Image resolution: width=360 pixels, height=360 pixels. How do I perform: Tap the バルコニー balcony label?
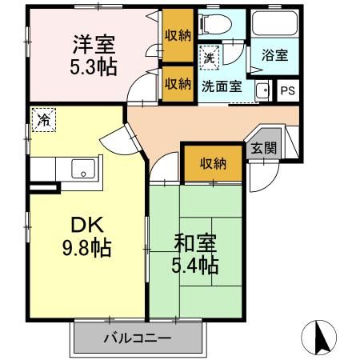point(136,338)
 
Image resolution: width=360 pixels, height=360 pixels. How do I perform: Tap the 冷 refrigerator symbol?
point(42,120)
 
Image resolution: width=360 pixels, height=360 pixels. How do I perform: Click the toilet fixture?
point(213,24)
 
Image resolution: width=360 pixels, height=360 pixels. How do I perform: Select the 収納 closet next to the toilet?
point(178,34)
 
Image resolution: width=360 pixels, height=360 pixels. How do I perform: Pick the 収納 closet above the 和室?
point(213,163)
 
